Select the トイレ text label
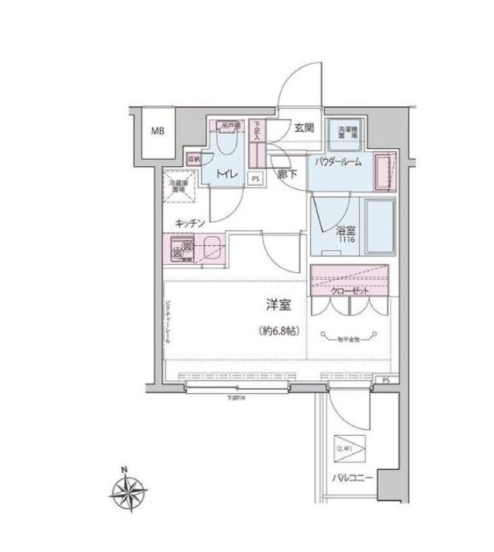(226, 174)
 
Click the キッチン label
(190, 222)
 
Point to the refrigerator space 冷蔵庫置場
(177, 187)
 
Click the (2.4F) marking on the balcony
(344, 449)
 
